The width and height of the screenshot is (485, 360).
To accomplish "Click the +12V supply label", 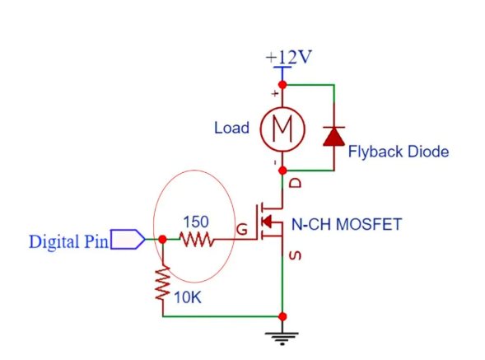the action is (288, 57).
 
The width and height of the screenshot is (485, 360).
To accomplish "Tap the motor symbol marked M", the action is (282, 129).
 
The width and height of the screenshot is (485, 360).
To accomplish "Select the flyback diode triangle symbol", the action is (333, 136).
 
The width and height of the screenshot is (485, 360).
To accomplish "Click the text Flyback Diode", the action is (399, 152).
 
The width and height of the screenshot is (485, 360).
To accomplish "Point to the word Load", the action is (231, 128).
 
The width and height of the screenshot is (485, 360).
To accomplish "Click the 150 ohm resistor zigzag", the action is (197, 240).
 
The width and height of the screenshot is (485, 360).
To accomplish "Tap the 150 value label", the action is (196, 222).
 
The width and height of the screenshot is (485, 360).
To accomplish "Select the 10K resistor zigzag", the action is (163, 283).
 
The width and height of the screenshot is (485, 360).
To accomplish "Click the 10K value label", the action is (188, 297).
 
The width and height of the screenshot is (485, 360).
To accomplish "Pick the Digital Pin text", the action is (68, 241).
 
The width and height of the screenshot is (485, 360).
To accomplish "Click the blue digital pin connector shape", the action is (128, 239).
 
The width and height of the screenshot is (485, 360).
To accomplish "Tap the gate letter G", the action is (242, 230).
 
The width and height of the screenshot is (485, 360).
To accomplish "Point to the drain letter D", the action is (295, 183).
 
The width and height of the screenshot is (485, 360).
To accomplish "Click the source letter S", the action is (295, 255).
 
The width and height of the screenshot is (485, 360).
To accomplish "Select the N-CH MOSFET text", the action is (347, 224).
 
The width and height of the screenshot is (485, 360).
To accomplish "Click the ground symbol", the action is (282, 339).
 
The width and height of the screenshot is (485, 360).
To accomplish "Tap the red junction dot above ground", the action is (282, 316).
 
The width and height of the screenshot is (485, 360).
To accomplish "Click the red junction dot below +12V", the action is (282, 85).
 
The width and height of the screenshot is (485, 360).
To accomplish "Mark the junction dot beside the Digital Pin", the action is (162, 239).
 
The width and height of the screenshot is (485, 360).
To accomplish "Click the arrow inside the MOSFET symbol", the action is (267, 222).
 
